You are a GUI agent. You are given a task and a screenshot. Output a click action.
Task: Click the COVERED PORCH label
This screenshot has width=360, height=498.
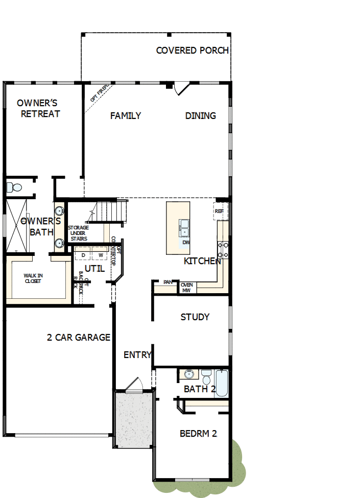pos(192,51)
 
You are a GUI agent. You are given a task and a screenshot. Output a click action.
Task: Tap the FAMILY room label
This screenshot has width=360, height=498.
pos(126,116)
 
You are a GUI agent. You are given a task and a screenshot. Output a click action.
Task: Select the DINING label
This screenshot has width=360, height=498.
pos(200,116)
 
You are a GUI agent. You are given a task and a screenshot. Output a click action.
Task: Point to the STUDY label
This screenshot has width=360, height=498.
pos(195,317)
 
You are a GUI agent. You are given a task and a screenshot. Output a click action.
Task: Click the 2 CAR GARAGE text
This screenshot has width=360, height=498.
pos(79,338)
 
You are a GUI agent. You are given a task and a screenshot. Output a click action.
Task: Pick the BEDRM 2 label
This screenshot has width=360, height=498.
pos(198,434)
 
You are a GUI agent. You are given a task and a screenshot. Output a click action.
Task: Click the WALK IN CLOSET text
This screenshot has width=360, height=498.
pos(33,278)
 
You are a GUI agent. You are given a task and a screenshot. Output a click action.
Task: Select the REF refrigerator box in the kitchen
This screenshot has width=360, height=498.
pos(220,211)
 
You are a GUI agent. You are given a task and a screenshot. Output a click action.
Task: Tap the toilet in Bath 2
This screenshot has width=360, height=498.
pos(206,377)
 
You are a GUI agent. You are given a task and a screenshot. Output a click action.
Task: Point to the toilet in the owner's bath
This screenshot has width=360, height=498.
pos(14,187)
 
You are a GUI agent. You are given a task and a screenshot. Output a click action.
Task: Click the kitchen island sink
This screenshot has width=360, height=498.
pos(184,227)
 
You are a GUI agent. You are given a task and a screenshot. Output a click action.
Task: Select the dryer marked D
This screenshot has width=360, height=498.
pos(83,255)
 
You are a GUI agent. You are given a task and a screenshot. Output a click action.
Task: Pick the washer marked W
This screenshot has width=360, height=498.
pos(101,255)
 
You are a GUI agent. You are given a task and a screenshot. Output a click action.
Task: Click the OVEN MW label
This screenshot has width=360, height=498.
pos(186,288)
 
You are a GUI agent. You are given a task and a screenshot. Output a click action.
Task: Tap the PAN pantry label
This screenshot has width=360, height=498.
pos(167,282)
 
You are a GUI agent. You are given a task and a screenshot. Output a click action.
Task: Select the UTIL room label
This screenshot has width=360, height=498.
pos(94,268)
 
